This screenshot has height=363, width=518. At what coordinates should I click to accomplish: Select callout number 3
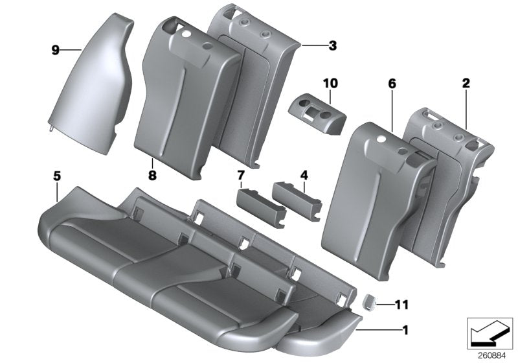(x=332, y=45)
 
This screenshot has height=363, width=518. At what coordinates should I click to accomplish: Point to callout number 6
(x=392, y=84)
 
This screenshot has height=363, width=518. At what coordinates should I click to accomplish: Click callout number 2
(x=466, y=83)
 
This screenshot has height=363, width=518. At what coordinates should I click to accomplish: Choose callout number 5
(x=57, y=176)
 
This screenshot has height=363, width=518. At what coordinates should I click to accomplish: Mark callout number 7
(x=241, y=176)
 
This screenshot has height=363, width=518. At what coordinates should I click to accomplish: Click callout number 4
(x=304, y=176)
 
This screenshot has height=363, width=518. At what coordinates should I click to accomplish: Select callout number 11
(x=402, y=303)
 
